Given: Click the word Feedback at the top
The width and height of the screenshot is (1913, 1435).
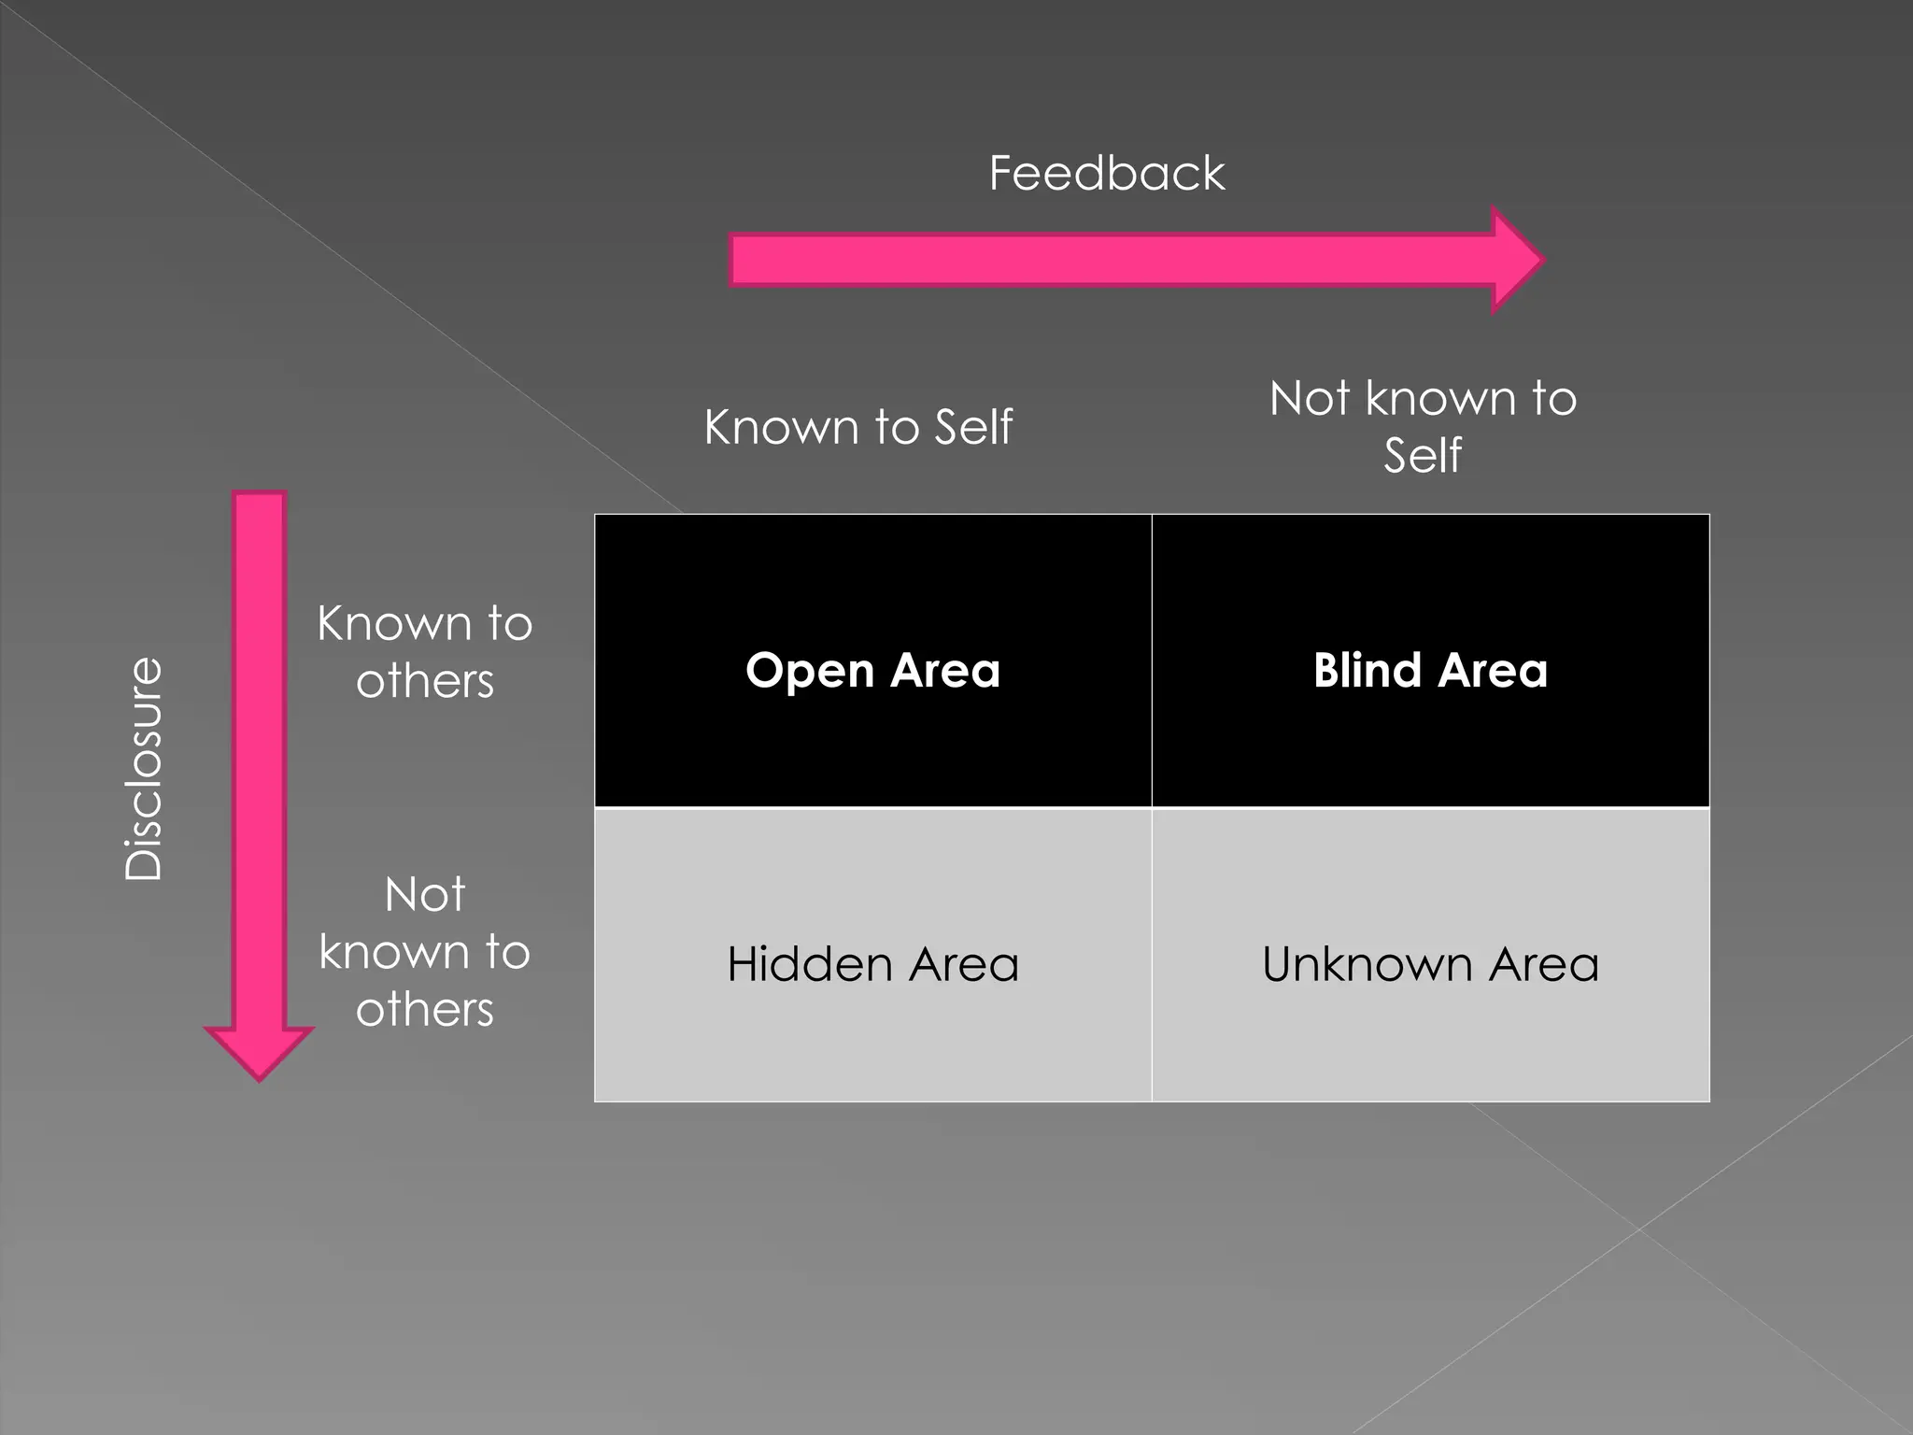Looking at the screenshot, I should pyautogui.click(x=1107, y=174).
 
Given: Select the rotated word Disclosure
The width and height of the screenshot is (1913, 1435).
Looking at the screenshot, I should pyautogui.click(x=145, y=768).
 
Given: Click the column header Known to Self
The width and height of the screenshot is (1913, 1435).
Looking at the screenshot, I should pyautogui.click(x=857, y=427).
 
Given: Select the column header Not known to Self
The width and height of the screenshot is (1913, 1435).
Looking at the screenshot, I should pyautogui.click(x=1423, y=426).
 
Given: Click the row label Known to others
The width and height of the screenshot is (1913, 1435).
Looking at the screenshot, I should pyautogui.click(x=424, y=651).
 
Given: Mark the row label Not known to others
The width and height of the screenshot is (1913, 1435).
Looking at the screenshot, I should pyautogui.click(x=424, y=951).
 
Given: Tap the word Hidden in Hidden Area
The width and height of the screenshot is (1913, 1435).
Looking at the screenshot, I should pyautogui.click(x=809, y=964).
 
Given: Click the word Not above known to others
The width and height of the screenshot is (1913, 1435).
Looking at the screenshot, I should pyautogui.click(x=424, y=894).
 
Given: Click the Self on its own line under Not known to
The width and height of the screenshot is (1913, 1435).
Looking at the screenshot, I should pyautogui.click(x=1423, y=455).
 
